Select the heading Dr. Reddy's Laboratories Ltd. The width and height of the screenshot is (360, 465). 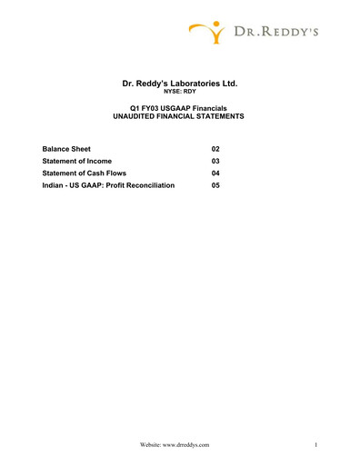coord(179,83)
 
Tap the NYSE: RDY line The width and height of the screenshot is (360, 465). coord(179,92)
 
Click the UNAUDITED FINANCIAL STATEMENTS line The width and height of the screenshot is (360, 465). coord(179,118)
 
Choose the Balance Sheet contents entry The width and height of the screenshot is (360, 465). coord(66,148)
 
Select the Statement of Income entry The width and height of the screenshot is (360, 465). coord(77,161)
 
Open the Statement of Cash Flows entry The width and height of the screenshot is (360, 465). coord(85,173)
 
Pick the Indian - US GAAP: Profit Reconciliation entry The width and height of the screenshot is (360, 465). coord(108,185)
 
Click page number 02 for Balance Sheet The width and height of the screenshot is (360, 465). coord(215,148)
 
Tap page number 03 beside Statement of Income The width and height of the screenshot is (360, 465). coord(215,161)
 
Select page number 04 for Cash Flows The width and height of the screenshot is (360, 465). coord(215,173)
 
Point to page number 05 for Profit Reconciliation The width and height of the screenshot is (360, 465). coord(215,185)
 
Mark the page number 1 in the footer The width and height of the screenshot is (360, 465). coord(314,445)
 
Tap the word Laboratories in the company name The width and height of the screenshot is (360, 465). coord(190,83)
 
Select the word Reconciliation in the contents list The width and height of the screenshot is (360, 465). coord(150,185)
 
